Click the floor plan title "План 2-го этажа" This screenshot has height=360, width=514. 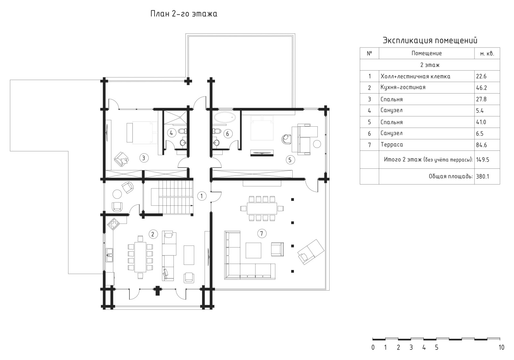(184, 14)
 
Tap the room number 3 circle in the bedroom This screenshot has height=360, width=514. (144, 158)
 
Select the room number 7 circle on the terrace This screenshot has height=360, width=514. (262, 234)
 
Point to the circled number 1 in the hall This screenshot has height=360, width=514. (202, 196)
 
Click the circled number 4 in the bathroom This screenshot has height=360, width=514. (172, 133)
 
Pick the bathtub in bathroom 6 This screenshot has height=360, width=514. (225, 117)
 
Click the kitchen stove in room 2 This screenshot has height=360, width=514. (113, 224)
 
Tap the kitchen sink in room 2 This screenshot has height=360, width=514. (109, 255)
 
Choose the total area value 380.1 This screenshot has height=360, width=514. (483, 176)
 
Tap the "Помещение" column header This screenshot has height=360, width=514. (427, 53)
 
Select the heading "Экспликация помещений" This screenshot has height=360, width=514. (430, 40)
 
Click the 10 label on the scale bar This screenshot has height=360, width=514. (501, 347)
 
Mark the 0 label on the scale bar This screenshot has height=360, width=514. (373, 347)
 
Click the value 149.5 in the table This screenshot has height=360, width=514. (483, 159)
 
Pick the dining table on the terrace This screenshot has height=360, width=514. (262, 209)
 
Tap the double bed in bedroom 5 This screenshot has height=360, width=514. (262, 128)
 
